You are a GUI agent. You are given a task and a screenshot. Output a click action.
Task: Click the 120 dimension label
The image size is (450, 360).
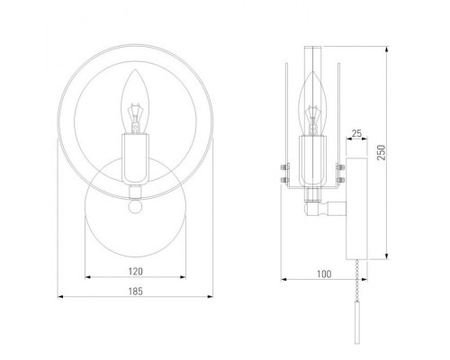[x=136, y=272]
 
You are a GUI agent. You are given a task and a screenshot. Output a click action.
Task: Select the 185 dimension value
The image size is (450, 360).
[x=136, y=292]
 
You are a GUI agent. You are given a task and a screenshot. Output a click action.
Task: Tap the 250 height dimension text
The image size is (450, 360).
[x=381, y=152]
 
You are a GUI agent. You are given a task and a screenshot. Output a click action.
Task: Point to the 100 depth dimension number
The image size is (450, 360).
[x=324, y=274]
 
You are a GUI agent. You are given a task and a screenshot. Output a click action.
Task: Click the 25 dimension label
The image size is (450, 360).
[x=356, y=133]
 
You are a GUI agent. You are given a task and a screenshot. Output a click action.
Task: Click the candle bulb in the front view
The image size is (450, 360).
[x=135, y=102]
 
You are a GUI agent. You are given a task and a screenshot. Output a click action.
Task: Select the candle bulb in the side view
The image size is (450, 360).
[x=313, y=103]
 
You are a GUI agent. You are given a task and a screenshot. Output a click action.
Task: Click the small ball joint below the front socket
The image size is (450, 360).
[x=135, y=206]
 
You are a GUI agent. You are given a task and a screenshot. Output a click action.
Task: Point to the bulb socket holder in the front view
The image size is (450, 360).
[x=135, y=159]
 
